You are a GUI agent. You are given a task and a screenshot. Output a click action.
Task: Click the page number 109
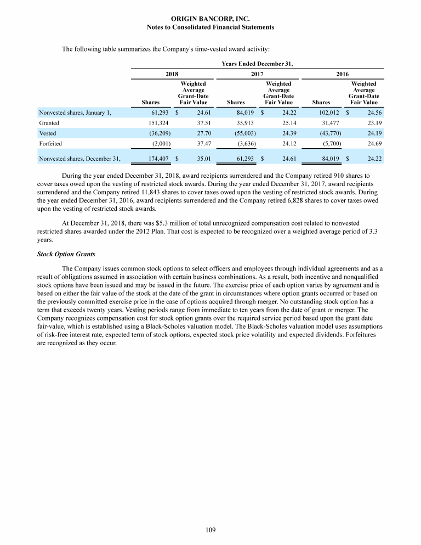(210, 530)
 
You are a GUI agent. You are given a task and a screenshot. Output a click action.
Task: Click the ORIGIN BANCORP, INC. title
(210, 19)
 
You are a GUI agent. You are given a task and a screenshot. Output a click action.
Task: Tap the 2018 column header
(172, 73)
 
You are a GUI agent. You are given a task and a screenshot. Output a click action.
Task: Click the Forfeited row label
(50, 143)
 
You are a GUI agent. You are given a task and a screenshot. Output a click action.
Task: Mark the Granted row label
(49, 123)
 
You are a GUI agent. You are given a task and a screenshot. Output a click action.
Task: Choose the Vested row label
(48, 133)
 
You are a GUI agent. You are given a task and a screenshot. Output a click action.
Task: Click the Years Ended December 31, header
(257, 64)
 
